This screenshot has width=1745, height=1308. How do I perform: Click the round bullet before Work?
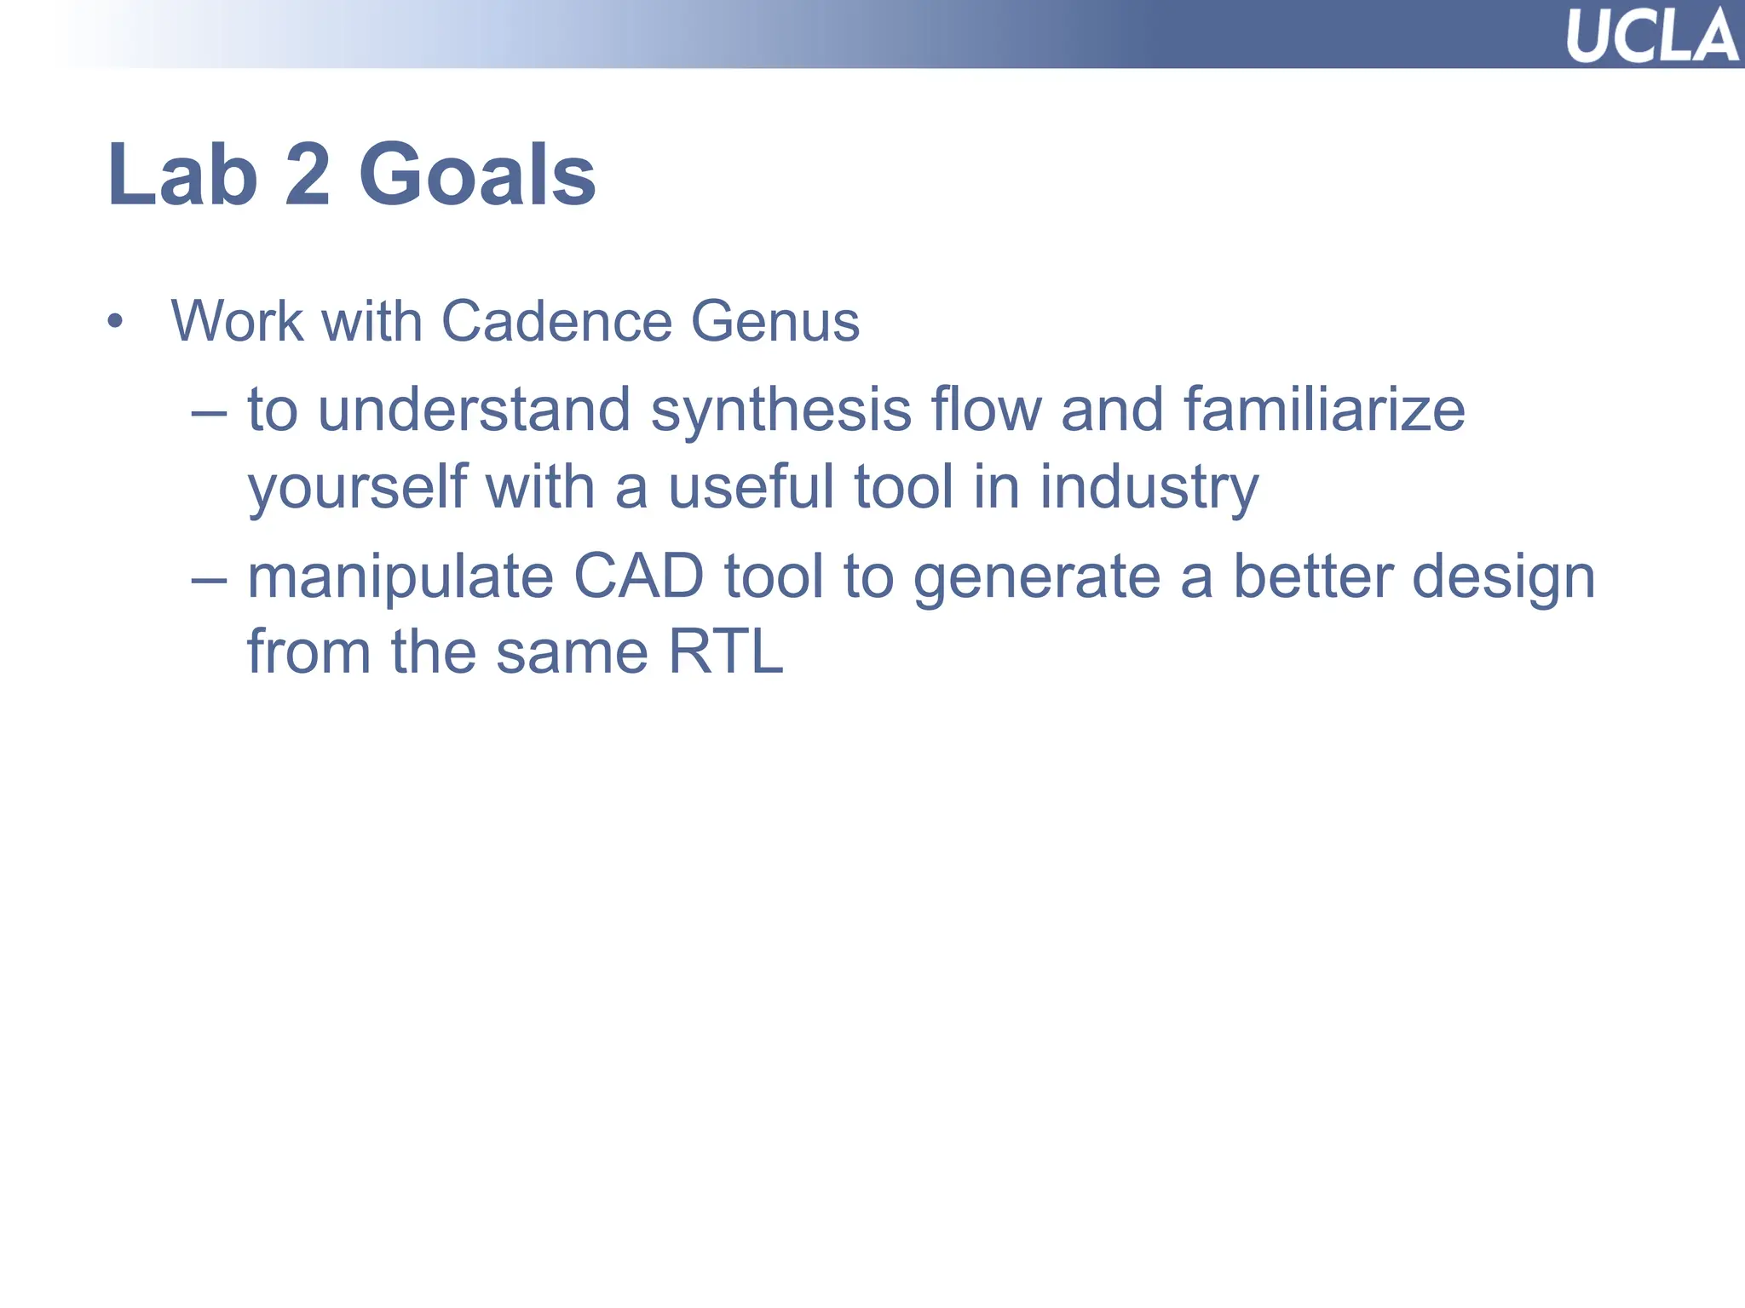point(115,323)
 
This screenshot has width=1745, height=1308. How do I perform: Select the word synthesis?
point(780,411)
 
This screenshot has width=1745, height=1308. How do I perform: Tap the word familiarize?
point(1324,410)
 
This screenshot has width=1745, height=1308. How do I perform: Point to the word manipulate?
point(400,578)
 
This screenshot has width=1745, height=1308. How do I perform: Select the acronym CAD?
point(638,577)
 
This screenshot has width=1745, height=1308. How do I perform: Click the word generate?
point(1037,578)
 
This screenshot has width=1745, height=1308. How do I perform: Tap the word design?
point(1503,578)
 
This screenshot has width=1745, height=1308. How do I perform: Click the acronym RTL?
point(725,652)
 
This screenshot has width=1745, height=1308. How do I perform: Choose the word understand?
point(474,410)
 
